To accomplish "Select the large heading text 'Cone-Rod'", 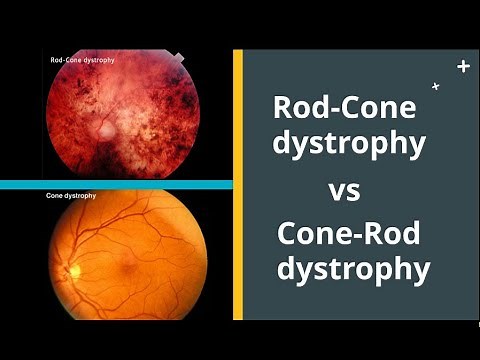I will (349, 235).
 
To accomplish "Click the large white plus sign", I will (462, 66).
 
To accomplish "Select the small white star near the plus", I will (435, 87).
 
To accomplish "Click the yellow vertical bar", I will (238, 185).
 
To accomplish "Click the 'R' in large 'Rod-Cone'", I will (285, 107).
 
